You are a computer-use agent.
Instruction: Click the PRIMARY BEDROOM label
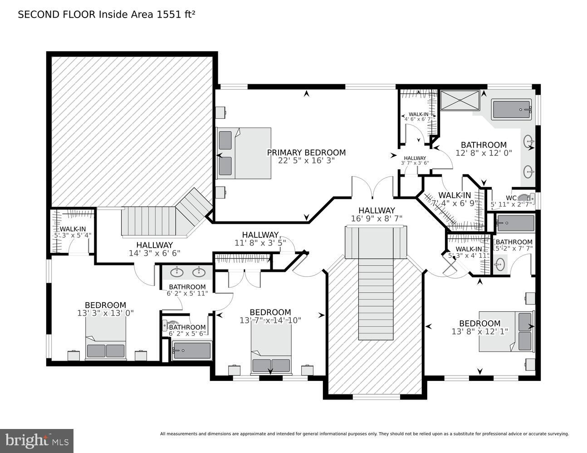306,153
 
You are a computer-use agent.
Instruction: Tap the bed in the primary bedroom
245,153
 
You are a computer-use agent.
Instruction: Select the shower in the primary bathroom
460,100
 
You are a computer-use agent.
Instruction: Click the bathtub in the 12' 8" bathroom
511,109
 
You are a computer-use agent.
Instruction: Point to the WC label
511,198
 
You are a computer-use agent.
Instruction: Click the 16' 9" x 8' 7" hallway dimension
377,218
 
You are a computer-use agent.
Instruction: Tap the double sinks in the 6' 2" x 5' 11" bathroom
187,273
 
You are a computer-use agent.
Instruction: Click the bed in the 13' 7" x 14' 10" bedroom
271,349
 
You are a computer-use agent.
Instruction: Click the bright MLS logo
37,440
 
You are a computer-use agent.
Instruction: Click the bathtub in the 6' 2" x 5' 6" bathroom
191,351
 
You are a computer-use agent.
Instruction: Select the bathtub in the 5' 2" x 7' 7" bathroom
515,223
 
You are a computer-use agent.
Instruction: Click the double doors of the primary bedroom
372,187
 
